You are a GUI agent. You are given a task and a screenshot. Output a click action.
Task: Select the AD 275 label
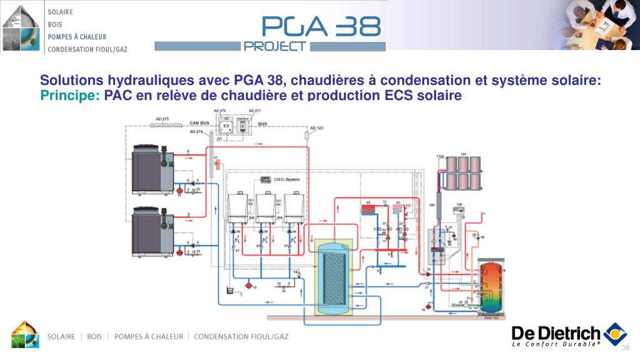pyautogui.click(x=161, y=118)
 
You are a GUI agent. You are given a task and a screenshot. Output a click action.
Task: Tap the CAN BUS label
pyautogui.click(x=198, y=123)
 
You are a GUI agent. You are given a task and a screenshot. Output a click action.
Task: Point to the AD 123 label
pyautogui.click(x=317, y=128)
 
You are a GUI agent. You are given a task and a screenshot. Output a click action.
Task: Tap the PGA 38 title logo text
pyautogui.click(x=321, y=26)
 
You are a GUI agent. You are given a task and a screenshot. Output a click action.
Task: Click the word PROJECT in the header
pyautogui.click(x=275, y=46)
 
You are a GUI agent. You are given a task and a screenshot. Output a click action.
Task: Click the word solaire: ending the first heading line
pyautogui.click(x=576, y=81)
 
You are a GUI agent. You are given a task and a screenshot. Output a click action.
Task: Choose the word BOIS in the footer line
pyautogui.click(x=94, y=337)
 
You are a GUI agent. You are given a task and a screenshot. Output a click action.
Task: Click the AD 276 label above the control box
pyautogui.click(x=220, y=111)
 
